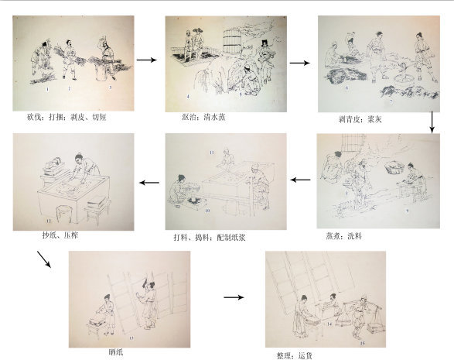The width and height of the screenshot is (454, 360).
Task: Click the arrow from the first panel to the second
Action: coord(145,59)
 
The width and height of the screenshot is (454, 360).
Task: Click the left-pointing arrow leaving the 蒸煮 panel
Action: coord(300,181)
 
